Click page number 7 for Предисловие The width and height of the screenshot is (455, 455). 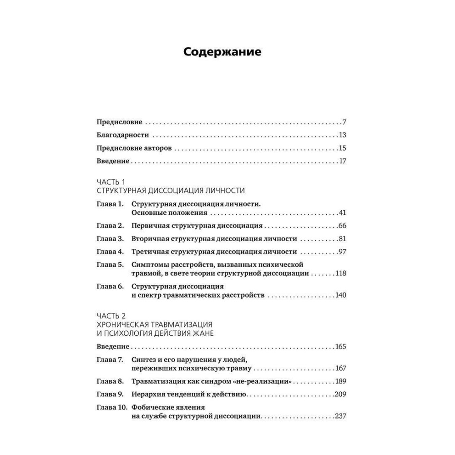point(344,122)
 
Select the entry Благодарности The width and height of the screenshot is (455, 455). point(123,135)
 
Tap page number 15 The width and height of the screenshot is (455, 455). point(343,148)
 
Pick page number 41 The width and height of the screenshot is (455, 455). point(343,213)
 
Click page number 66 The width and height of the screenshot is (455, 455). point(343,226)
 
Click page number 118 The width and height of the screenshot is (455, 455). point(341,273)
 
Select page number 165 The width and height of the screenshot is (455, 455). point(341,347)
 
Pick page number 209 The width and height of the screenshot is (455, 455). point(341,394)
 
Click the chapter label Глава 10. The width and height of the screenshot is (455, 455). point(111,407)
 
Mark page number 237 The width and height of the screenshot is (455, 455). point(341,416)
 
